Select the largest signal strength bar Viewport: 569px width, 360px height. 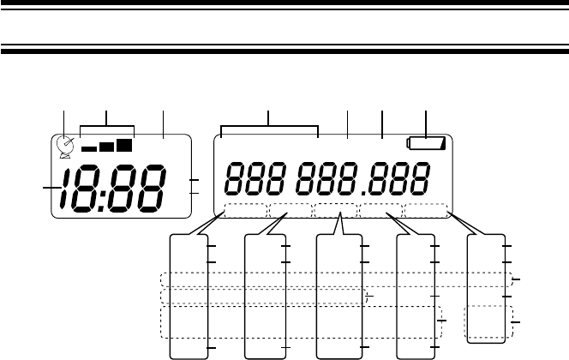point(125,146)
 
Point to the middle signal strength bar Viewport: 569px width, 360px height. point(106,147)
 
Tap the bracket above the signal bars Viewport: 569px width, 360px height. point(105,129)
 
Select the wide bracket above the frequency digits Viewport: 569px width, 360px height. point(269,129)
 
